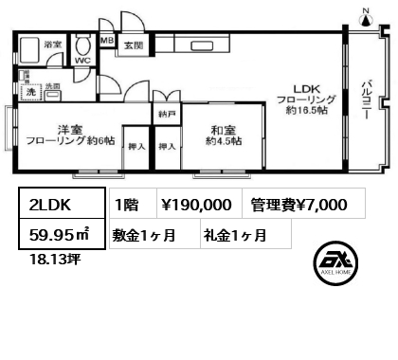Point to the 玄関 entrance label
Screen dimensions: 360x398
point(133,45)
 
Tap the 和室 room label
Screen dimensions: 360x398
point(223,130)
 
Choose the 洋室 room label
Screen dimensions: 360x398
point(64,129)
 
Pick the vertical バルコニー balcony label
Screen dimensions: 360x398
point(364,104)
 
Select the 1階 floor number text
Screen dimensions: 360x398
point(127,205)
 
